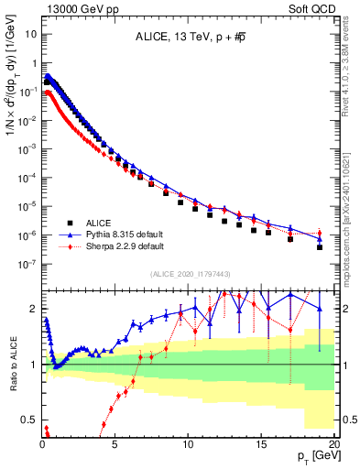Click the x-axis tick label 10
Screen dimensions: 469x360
[x=188, y=443]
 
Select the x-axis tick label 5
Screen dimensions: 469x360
[x=115, y=443]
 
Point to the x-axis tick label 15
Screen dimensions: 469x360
[x=261, y=443]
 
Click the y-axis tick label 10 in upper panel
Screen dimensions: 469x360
[x=27, y=34]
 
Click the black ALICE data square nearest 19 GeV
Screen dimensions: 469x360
[x=320, y=247]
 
